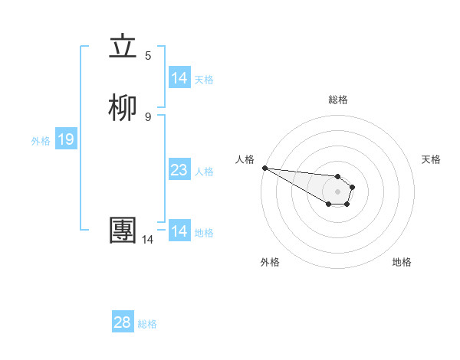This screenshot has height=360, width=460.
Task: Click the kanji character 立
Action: [123, 48]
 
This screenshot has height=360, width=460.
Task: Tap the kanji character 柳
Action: [123, 110]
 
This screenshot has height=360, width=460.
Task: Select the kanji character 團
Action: [123, 231]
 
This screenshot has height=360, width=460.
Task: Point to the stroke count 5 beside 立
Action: [148, 55]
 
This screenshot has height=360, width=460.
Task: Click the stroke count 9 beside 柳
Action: [148, 116]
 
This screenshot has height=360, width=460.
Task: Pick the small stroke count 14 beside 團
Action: [147, 240]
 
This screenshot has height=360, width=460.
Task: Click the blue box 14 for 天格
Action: [179, 78]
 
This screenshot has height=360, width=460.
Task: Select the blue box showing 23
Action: [179, 170]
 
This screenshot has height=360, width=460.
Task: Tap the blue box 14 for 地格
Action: [179, 231]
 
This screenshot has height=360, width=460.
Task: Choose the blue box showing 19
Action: [65, 139]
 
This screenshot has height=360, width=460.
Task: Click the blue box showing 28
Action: [123, 322]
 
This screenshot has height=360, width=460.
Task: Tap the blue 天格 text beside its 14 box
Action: [204, 79]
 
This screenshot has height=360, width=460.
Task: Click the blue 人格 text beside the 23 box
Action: [204, 171]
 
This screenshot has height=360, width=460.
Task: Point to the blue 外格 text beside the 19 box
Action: [41, 140]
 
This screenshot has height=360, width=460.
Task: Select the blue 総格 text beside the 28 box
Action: [147, 323]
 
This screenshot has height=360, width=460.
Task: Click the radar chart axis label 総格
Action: [338, 100]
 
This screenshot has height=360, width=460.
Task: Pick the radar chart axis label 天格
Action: [431, 159]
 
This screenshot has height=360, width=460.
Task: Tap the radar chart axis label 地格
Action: [402, 262]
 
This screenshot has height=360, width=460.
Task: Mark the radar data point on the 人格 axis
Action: [264, 168]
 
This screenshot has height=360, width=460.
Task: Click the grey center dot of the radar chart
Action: [337, 191]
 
